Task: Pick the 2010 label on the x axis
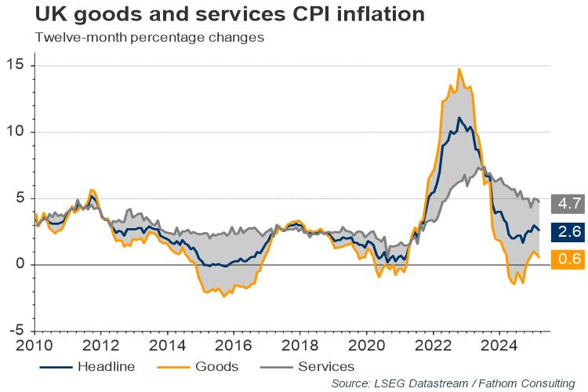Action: (x=34, y=345)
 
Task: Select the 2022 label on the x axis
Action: (x=428, y=345)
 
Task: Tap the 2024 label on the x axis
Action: (x=494, y=345)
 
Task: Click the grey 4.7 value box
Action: (x=567, y=203)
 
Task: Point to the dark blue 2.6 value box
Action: (x=567, y=231)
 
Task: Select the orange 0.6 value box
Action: (x=567, y=259)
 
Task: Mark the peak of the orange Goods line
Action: (x=459, y=70)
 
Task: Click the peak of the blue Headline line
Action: (x=459, y=118)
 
